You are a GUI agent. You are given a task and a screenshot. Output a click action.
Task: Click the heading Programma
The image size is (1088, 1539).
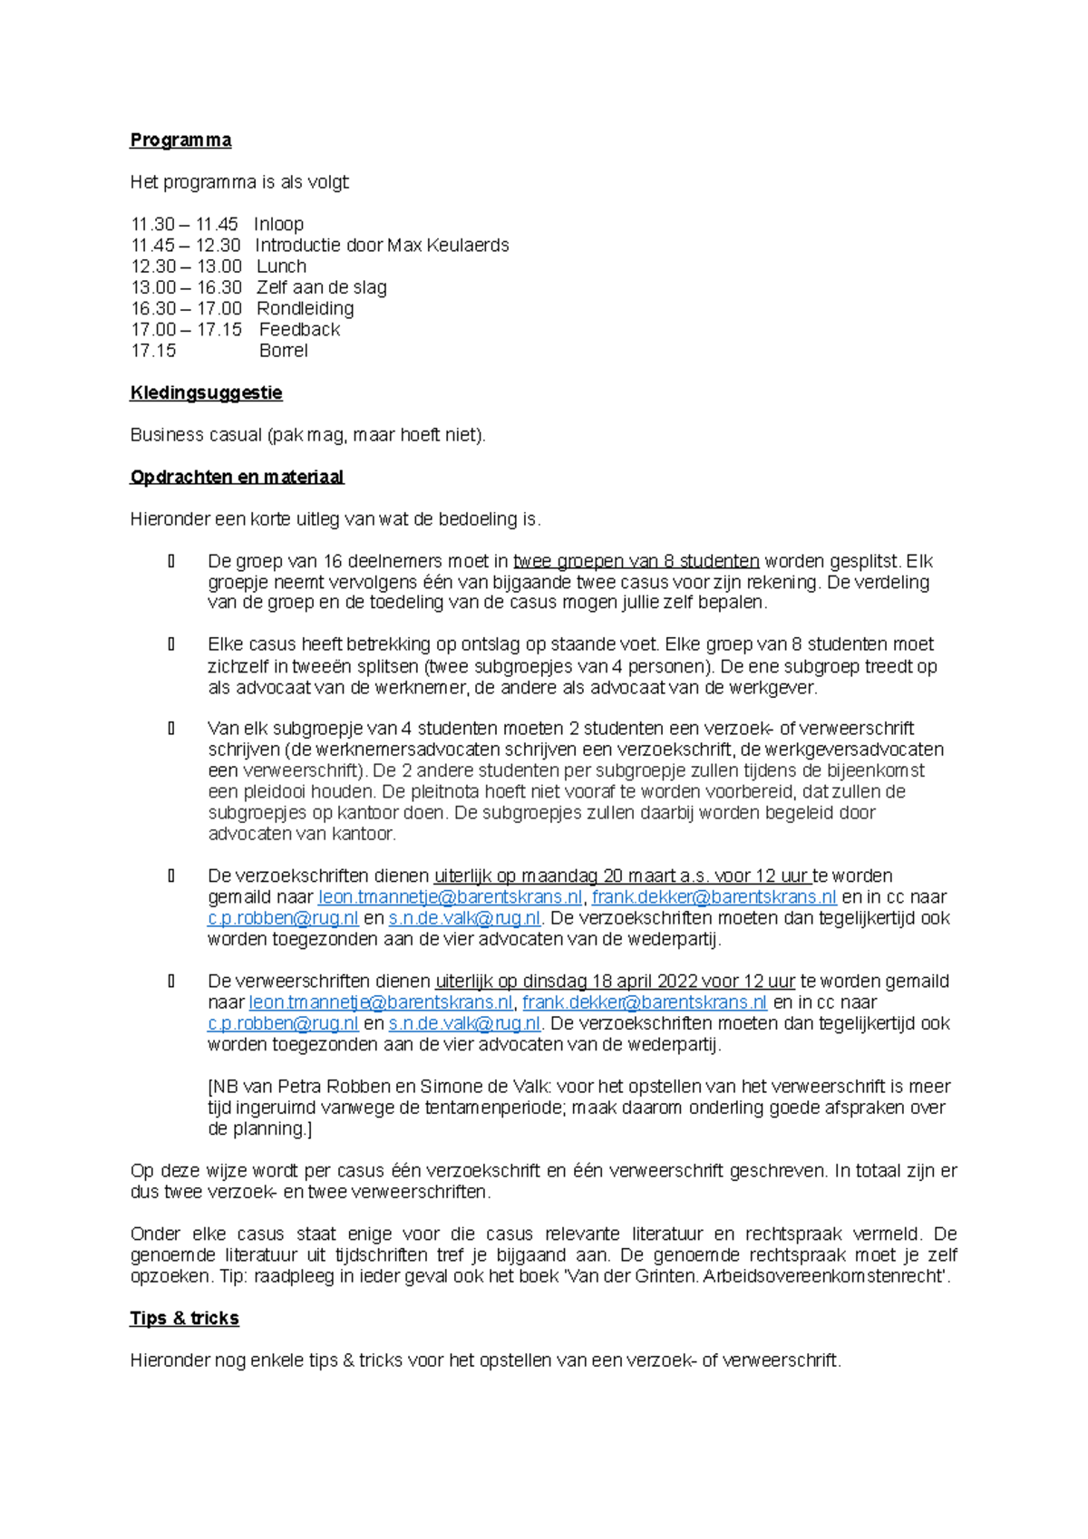(x=180, y=140)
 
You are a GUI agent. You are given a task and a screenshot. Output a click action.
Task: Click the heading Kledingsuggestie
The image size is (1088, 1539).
(x=206, y=393)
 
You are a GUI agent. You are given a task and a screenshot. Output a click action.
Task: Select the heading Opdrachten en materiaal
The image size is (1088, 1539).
(x=237, y=478)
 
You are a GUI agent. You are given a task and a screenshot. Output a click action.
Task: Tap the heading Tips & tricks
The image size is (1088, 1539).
(x=184, y=1319)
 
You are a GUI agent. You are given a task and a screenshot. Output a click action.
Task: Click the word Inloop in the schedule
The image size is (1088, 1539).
(x=278, y=225)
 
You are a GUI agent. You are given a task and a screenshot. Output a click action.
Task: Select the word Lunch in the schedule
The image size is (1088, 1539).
(x=281, y=266)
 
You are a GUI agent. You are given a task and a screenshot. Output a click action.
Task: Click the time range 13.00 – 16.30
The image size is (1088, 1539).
(x=186, y=287)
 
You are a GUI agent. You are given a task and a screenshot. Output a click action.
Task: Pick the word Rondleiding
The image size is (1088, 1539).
(x=305, y=309)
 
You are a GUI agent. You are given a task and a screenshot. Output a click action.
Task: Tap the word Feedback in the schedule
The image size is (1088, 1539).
(x=299, y=330)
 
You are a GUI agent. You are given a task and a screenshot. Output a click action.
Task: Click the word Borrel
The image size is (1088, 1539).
(x=283, y=351)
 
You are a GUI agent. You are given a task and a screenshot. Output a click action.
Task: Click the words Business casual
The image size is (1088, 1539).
(x=196, y=435)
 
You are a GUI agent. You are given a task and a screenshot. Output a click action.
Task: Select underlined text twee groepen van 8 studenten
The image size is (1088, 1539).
(x=636, y=561)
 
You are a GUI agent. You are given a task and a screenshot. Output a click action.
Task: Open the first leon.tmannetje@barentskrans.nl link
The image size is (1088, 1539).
(x=450, y=897)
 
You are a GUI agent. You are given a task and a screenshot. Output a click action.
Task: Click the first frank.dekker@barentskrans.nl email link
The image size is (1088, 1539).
(x=714, y=897)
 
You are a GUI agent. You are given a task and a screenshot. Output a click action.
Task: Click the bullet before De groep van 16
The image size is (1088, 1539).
(x=171, y=561)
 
